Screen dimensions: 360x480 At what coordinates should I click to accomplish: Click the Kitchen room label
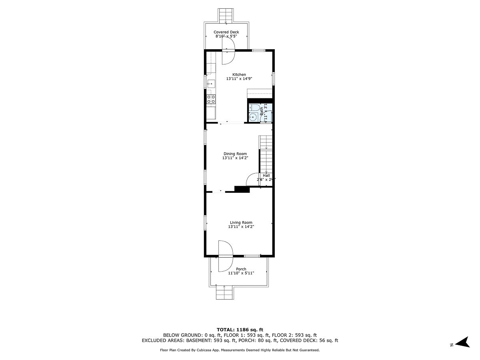pyautogui.click(x=239, y=75)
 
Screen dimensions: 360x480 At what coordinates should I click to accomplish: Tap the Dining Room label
pyautogui.click(x=235, y=154)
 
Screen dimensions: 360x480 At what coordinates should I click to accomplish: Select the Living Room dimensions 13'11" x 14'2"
pyautogui.click(x=241, y=227)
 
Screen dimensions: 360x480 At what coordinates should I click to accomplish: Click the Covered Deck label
pyautogui.click(x=226, y=32)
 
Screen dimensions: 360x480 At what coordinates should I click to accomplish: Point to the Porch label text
pyautogui.click(x=241, y=269)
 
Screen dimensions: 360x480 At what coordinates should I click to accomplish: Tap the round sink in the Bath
pyautogui.click(x=253, y=118)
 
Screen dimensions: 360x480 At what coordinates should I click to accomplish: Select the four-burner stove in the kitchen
pyautogui.click(x=211, y=99)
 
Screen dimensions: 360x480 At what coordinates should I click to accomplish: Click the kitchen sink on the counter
pyautogui.click(x=211, y=84)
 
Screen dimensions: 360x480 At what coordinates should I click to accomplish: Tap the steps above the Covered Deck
pyautogui.click(x=226, y=15)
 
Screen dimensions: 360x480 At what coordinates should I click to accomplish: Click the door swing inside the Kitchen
pyautogui.click(x=228, y=57)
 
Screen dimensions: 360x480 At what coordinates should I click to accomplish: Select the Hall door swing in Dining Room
pyautogui.click(x=253, y=179)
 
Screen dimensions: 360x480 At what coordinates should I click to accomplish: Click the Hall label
pyautogui.click(x=266, y=176)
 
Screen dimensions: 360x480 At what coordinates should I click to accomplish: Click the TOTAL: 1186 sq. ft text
pyautogui.click(x=240, y=329)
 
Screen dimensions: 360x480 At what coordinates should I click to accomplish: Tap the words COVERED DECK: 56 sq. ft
pyautogui.click(x=309, y=340)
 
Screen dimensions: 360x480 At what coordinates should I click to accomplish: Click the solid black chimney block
pyautogui.click(x=242, y=189)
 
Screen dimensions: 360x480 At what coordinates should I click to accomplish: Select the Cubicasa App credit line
pyautogui.click(x=240, y=350)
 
